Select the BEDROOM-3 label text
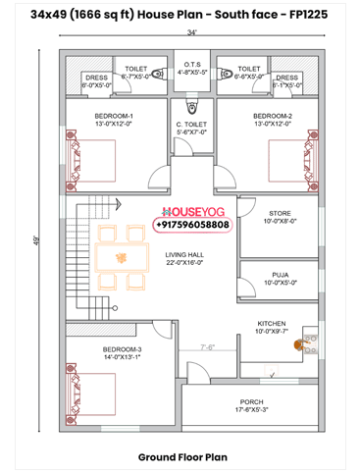(122, 349)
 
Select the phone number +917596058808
(192, 225)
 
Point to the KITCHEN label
(272, 324)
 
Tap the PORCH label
(252, 402)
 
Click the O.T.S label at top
(192, 66)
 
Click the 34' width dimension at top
(192, 32)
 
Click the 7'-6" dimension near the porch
(208, 346)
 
